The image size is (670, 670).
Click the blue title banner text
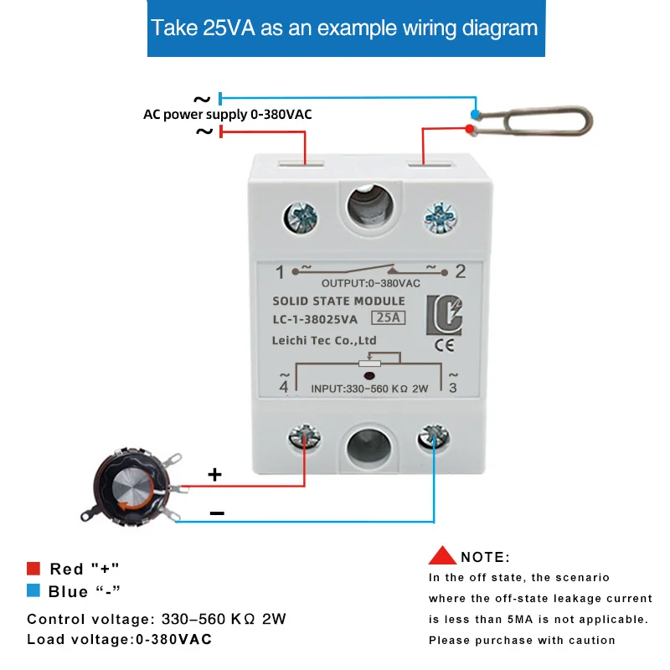344,28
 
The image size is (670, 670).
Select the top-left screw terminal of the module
301,218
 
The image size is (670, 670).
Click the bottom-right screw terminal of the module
434,436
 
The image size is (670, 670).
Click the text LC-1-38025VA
315,319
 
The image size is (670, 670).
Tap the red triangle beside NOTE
442,555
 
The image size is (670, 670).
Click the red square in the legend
33,569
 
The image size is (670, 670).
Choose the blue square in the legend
33,591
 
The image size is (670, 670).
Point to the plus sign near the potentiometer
214,475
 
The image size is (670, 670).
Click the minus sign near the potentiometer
216,513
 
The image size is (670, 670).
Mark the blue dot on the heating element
475,114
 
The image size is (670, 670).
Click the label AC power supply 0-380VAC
227,114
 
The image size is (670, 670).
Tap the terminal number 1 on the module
281,271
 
